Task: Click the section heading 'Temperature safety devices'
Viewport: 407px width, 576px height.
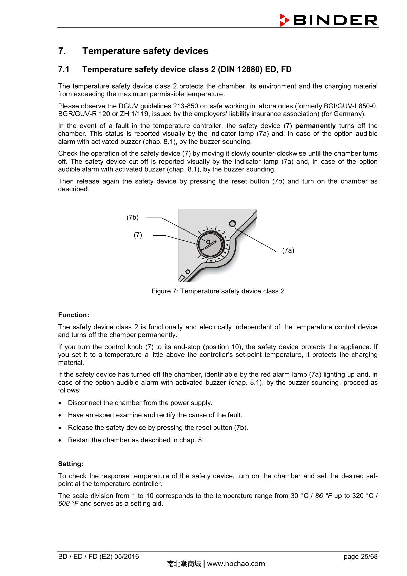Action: pos(145,51)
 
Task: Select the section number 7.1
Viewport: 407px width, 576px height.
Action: pos(64,69)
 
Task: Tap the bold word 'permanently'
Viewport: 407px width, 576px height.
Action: pos(315,126)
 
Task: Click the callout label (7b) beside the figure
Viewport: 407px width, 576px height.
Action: pos(133,218)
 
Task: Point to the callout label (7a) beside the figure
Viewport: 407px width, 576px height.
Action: pos(288,250)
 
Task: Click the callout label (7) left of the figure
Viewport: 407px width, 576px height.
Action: pos(138,235)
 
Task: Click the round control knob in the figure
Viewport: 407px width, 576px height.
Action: pos(210,245)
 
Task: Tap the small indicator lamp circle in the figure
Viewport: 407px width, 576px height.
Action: pos(232,223)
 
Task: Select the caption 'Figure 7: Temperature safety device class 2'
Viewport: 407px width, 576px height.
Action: pos(218,291)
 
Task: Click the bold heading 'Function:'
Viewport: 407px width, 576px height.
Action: pos(74,315)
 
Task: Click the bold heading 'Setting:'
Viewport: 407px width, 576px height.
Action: pos(71,464)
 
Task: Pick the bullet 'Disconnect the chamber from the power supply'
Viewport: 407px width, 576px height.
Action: pos(140,403)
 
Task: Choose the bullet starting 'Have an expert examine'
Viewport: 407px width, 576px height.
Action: pos(155,415)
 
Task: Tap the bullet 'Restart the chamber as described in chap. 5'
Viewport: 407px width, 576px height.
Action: pos(135,440)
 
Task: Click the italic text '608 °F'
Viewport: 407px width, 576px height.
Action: pos(68,504)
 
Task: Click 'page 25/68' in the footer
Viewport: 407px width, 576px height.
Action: pos(360,557)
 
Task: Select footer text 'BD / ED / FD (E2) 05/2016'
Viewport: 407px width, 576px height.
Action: pos(98,557)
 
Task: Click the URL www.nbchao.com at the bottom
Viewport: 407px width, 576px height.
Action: pos(236,564)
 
